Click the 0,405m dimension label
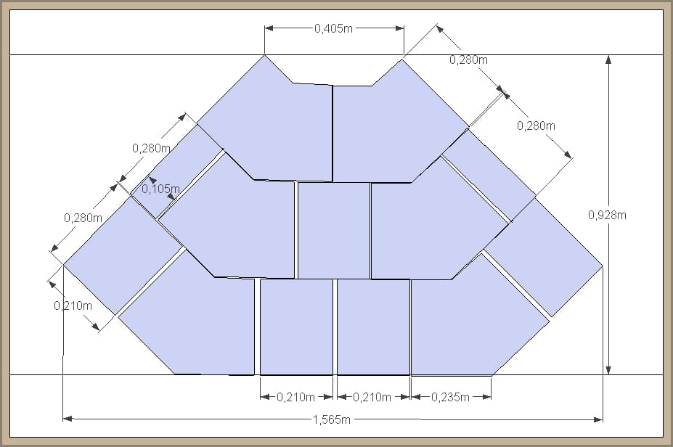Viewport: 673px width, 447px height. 333,28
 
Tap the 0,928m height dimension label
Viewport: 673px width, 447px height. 607,215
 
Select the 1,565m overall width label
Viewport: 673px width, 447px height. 333,419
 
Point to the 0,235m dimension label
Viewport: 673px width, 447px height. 450,397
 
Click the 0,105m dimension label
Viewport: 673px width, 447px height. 160,189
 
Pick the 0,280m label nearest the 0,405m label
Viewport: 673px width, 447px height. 469,60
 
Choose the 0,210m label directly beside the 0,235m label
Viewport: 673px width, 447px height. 372,397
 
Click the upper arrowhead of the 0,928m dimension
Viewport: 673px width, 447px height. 608,60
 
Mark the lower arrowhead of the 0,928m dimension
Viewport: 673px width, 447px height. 608,370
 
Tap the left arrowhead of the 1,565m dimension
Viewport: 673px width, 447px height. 68,419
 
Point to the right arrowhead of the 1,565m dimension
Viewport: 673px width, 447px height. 598,419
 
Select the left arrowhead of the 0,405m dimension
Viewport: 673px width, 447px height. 269,28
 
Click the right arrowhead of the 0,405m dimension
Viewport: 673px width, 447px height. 399,28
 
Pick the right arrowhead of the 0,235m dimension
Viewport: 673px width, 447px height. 486,397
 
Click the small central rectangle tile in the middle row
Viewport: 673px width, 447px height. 333,230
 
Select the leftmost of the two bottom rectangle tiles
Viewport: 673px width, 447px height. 296,327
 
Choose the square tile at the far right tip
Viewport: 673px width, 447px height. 544,257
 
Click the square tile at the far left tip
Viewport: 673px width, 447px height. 123,255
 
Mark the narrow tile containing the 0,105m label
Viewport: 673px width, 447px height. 177,171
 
